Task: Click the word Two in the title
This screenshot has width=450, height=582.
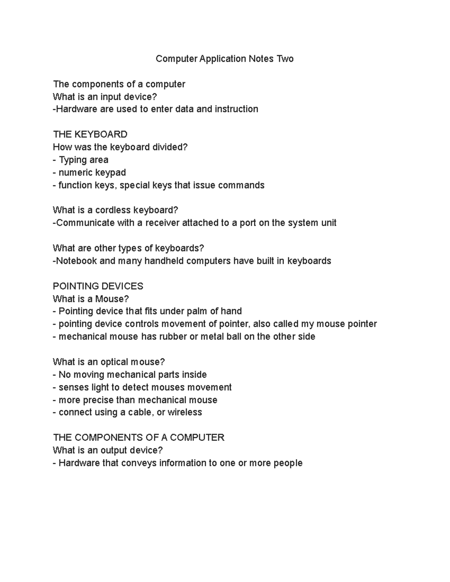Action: pos(285,59)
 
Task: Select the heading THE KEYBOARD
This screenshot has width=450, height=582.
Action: pos(90,135)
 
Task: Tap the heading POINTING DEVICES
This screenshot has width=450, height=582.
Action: pos(98,286)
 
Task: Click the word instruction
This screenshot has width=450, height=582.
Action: pos(236,109)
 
